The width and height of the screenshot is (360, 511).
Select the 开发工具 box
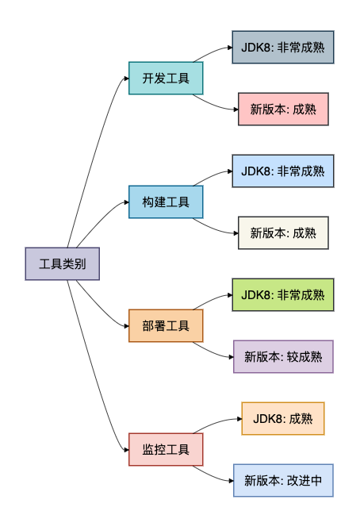click(x=166, y=78)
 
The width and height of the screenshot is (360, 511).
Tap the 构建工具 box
click(x=166, y=202)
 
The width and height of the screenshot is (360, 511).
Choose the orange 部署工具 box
click(x=166, y=325)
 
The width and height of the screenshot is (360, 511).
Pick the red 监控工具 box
click(x=166, y=450)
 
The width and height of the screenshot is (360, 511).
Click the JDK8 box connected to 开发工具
click(x=283, y=47)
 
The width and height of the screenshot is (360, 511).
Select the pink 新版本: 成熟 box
click(x=283, y=109)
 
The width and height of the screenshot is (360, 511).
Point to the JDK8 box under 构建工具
click(x=283, y=171)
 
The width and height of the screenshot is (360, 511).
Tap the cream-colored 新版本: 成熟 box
click(x=283, y=232)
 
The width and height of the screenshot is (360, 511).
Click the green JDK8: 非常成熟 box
click(x=283, y=294)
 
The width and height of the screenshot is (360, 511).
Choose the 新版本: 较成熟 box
click(x=283, y=356)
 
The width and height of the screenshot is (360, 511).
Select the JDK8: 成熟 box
click(x=283, y=418)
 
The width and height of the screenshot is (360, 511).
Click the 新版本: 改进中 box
click(x=283, y=480)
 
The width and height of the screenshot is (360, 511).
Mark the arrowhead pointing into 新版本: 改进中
click(x=230, y=480)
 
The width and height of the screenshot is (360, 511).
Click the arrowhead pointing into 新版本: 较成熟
click(x=230, y=356)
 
